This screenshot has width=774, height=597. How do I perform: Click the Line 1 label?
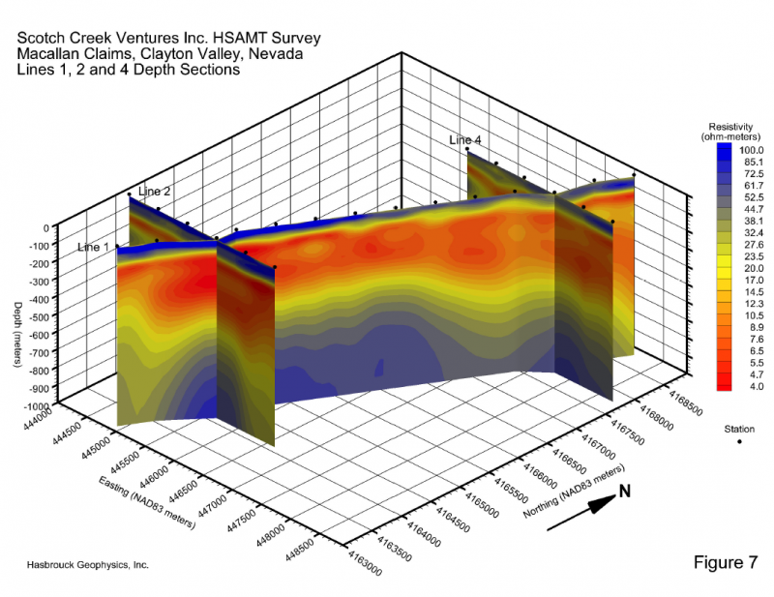pos(95,248)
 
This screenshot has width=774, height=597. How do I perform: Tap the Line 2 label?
pos(154,192)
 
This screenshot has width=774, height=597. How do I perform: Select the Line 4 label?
pos(464,140)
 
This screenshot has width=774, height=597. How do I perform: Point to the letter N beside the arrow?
pos(625,492)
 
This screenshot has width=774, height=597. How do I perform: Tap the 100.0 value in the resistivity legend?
pos(752,151)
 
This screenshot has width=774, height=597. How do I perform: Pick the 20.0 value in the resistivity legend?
pos(752,268)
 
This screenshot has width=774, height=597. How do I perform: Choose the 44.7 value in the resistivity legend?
pos(752,209)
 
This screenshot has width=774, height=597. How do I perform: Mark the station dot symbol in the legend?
pos(739,441)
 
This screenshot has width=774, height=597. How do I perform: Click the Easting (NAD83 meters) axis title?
pos(147,502)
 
